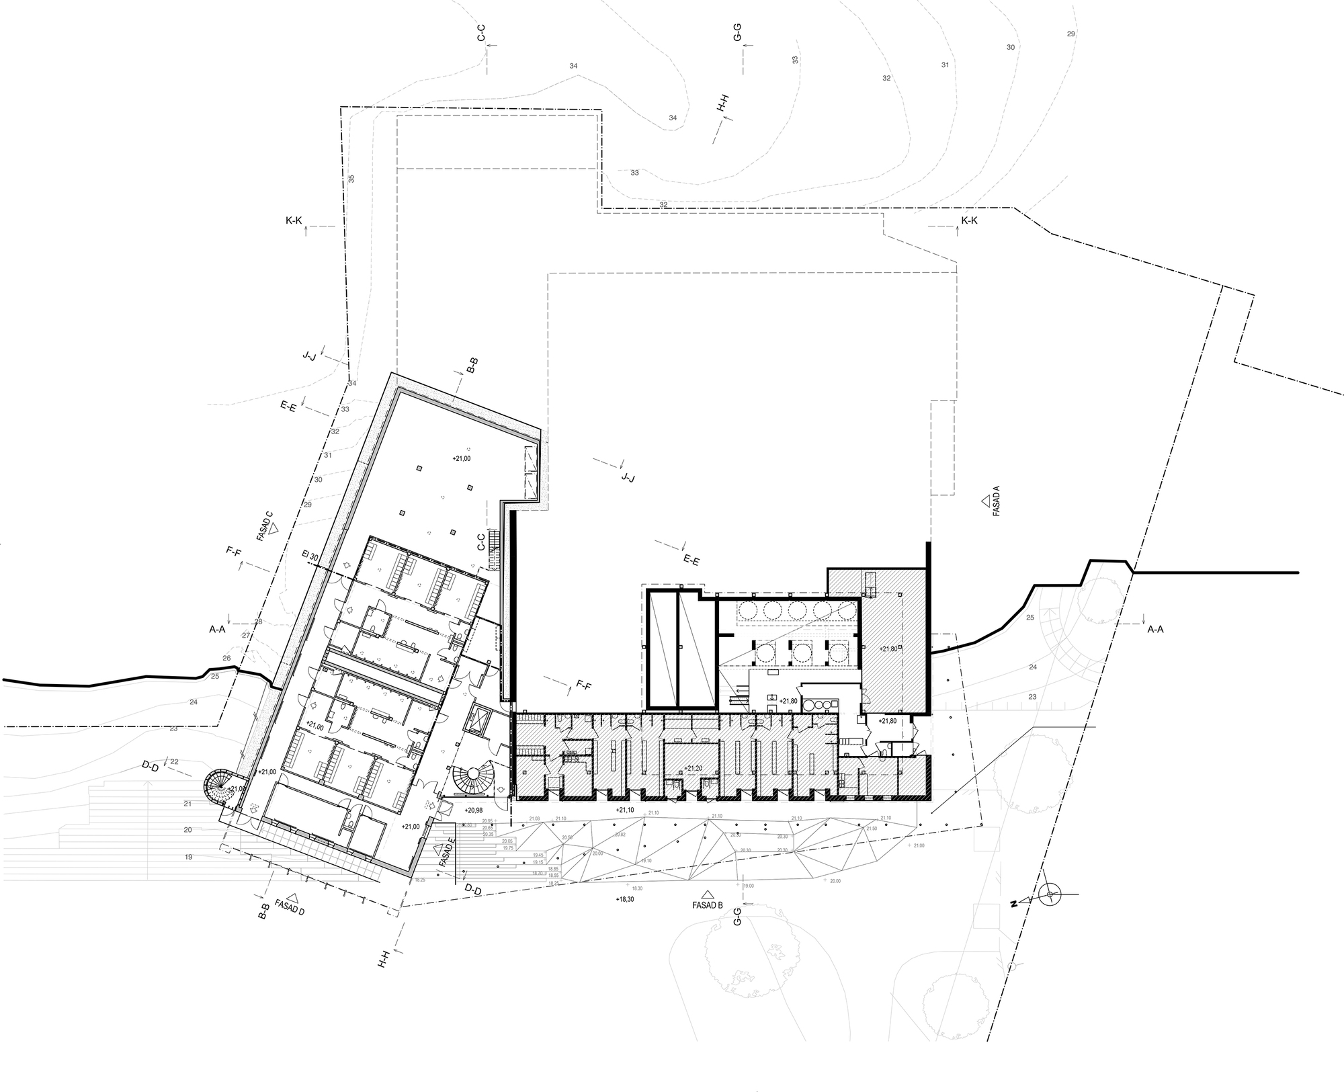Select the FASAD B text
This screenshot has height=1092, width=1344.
tap(707, 905)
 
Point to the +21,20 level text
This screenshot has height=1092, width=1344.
tap(694, 767)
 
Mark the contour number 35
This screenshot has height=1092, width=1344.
tap(351, 179)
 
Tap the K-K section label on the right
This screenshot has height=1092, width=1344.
tap(969, 220)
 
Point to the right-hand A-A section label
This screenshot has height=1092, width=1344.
tap(1155, 630)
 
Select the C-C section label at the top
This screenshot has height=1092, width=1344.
tap(481, 34)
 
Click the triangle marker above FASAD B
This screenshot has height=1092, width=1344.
tap(706, 894)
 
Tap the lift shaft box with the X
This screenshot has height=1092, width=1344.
tap(481, 719)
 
